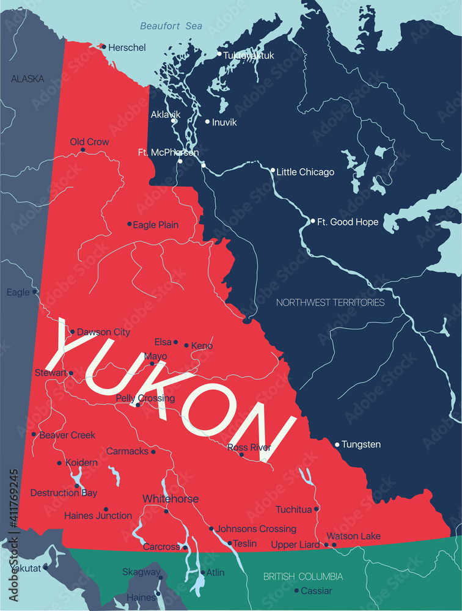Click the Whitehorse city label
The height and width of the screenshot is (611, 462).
[x=170, y=499]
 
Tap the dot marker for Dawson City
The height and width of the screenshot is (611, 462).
[x=73, y=332]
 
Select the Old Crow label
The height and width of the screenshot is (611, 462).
[x=89, y=142]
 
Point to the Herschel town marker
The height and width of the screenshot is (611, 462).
[x=104, y=46]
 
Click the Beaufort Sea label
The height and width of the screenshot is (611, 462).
[x=170, y=26]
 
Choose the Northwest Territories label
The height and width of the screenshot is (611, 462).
[x=330, y=302]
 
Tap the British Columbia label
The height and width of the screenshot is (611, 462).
[x=303, y=576]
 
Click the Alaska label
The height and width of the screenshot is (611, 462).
[x=28, y=78]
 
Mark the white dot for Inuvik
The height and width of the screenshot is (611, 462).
[x=207, y=122]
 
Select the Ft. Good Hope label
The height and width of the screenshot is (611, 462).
[x=348, y=222]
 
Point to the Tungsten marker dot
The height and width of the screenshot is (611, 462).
[x=337, y=444]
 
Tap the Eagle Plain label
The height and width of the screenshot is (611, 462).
[x=156, y=225]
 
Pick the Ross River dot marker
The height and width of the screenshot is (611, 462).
[x=241, y=455]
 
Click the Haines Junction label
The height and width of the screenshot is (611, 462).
[x=98, y=516]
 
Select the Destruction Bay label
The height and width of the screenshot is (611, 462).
[x=64, y=492]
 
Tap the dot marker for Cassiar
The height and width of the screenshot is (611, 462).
[x=296, y=591]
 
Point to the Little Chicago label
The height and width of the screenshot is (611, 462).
[x=306, y=172]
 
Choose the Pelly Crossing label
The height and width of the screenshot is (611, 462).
[x=145, y=398]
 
